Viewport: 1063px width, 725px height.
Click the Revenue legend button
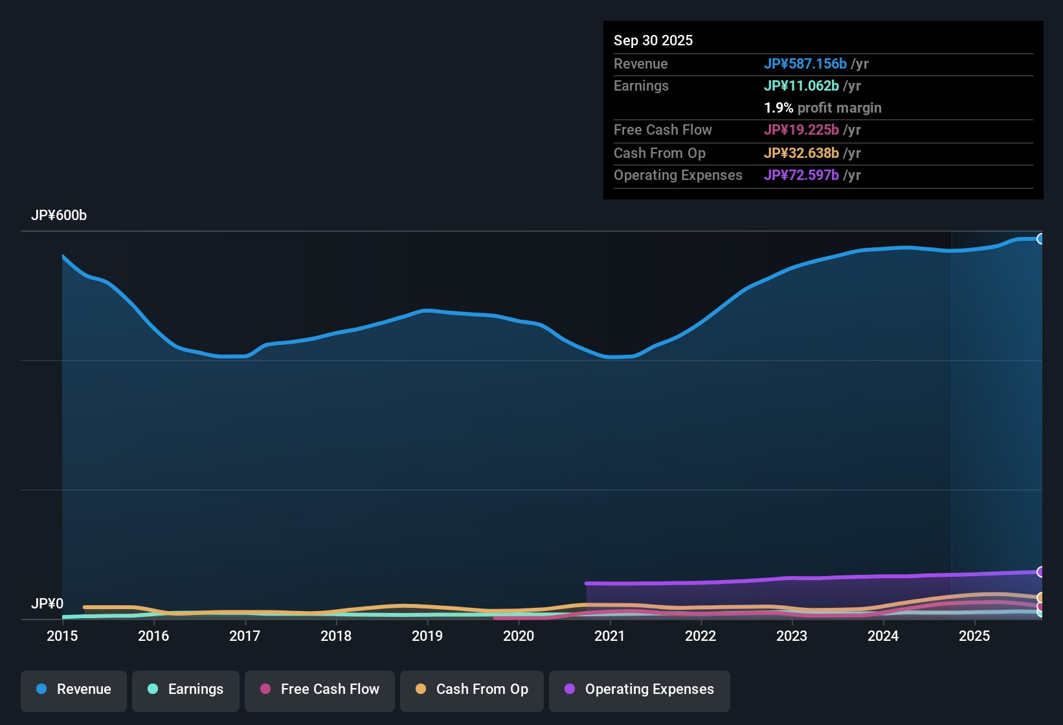(x=74, y=689)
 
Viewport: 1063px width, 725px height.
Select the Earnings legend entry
(x=186, y=689)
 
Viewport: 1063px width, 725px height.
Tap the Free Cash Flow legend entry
(x=320, y=689)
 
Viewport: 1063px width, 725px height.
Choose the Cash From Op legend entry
(x=472, y=689)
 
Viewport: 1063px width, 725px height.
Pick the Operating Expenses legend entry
(x=640, y=689)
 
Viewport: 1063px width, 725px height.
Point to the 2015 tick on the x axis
(x=62, y=636)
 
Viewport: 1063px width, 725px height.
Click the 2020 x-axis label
(x=519, y=636)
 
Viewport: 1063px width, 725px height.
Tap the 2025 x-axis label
(x=974, y=636)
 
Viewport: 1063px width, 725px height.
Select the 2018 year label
(x=336, y=636)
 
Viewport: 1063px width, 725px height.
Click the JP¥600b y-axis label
(x=59, y=216)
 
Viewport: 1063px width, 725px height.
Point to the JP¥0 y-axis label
(x=47, y=604)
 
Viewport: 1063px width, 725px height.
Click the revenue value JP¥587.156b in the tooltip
(x=805, y=64)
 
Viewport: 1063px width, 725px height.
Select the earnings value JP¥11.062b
(x=801, y=86)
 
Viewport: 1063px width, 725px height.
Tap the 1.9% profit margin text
(x=822, y=108)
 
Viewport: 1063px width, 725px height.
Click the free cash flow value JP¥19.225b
(x=801, y=130)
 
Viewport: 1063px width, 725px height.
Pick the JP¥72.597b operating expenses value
(x=801, y=175)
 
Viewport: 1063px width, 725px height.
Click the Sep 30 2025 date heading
(x=653, y=41)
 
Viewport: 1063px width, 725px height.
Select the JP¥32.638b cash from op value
(x=801, y=153)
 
